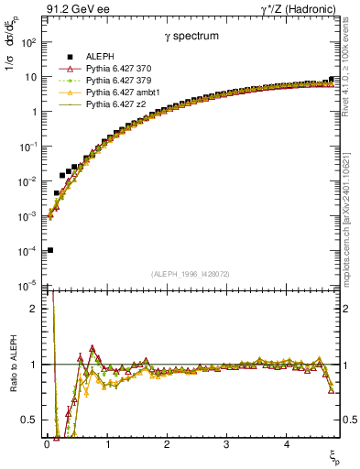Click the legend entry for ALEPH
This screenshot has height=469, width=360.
coord(92,58)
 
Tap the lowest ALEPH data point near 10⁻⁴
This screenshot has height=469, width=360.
coord(50,250)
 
